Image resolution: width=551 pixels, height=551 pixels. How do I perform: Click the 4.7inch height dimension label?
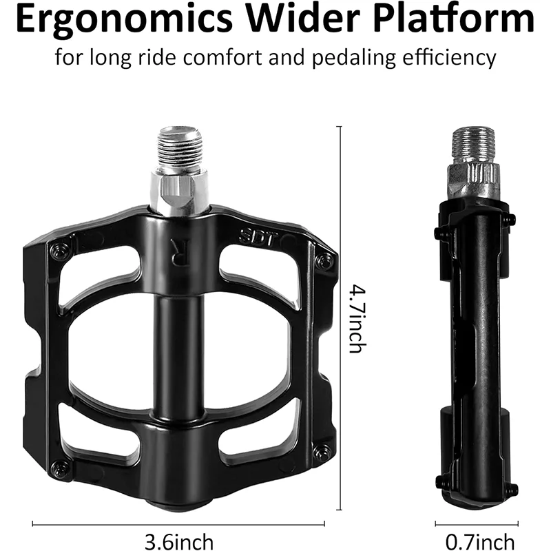pyautogui.click(x=355, y=319)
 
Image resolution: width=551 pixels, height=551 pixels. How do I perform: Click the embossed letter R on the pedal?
pyautogui.click(x=178, y=253)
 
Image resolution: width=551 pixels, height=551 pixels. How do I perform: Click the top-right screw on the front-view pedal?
pyautogui.click(x=322, y=260)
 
